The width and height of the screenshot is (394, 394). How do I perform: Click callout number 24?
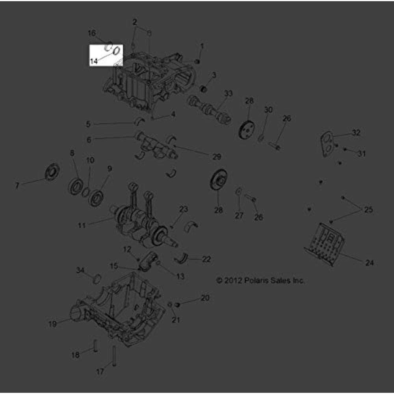[369, 263]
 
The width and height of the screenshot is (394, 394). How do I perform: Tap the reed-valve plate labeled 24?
[325, 243]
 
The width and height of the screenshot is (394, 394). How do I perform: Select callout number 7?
[17, 186]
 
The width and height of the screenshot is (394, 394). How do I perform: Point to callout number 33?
[229, 93]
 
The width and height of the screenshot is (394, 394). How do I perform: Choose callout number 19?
[52, 324]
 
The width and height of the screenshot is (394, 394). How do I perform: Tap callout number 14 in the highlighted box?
[93, 61]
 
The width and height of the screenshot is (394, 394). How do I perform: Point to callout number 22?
[206, 259]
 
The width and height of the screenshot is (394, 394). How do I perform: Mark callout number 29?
[216, 156]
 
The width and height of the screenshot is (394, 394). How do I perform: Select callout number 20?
[205, 298]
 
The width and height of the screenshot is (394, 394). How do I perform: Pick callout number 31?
[361, 153]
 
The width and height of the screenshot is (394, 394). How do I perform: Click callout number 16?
[91, 32]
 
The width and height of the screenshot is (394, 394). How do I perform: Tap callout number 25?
[368, 210]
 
